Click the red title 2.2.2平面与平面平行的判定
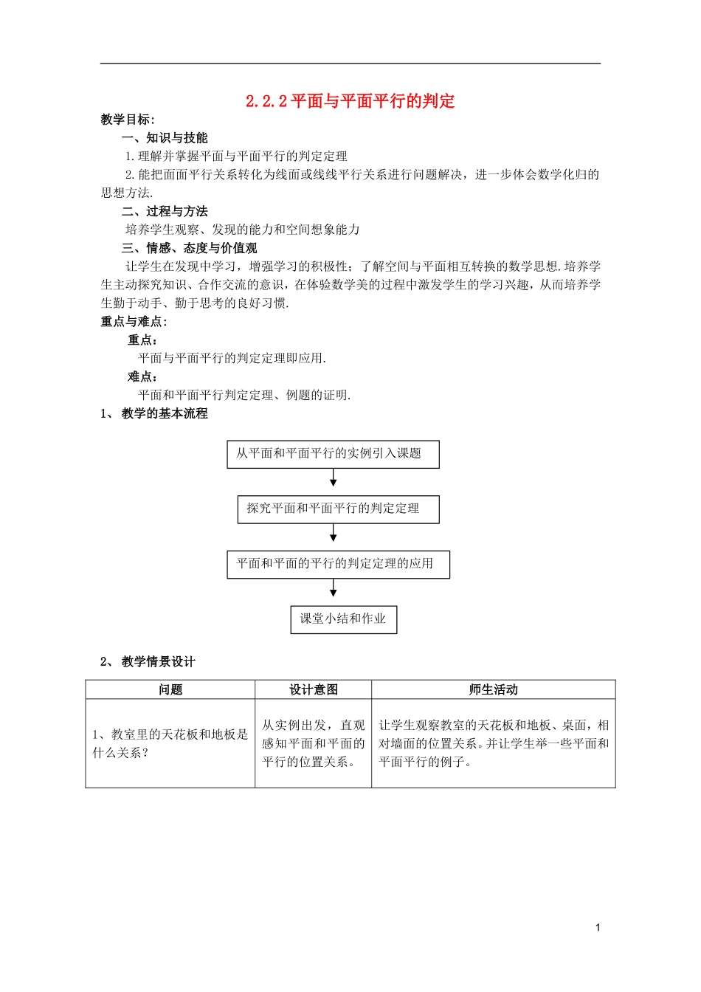pyautogui.click(x=350, y=101)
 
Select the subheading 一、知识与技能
pyautogui.click(x=165, y=138)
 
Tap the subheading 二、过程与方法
pyautogui.click(x=165, y=211)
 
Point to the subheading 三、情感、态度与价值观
pyautogui.click(x=190, y=248)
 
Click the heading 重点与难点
pyautogui.click(x=134, y=321)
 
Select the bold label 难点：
pyautogui.click(x=143, y=376)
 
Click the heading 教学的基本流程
pyautogui.click(x=165, y=413)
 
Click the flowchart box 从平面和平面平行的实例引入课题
pyautogui.click(x=333, y=454)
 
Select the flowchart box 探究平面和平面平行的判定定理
pyautogui.click(x=338, y=509)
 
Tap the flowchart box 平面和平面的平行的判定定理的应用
pyautogui.click(x=338, y=564)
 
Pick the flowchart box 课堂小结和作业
pyautogui.click(x=343, y=619)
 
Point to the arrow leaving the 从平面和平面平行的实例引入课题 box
pyautogui.click(x=334, y=478)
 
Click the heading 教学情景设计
pyautogui.click(x=158, y=661)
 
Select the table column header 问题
pyautogui.click(x=170, y=689)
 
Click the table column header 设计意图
pyautogui.click(x=313, y=689)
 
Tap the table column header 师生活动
pyautogui.click(x=493, y=689)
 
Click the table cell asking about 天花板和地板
pyautogui.click(x=170, y=743)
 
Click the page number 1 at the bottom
pyautogui.click(x=598, y=928)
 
